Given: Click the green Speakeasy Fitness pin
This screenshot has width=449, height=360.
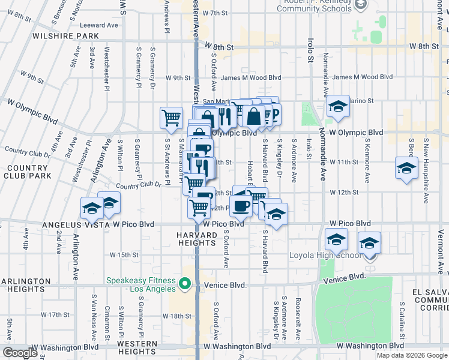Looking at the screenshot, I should click(185, 283).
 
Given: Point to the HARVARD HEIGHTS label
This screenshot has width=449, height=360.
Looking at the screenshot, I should click(196, 239).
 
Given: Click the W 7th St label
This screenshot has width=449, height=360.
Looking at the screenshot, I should click(217, 13).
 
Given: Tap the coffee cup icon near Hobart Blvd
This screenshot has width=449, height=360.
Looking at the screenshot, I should click(241, 205).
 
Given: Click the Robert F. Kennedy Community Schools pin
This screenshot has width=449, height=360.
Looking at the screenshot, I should click(360, 5).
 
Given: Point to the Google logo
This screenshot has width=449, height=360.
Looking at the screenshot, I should click(20, 353).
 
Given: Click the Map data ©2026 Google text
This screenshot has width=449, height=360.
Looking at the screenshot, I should click(412, 355).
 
